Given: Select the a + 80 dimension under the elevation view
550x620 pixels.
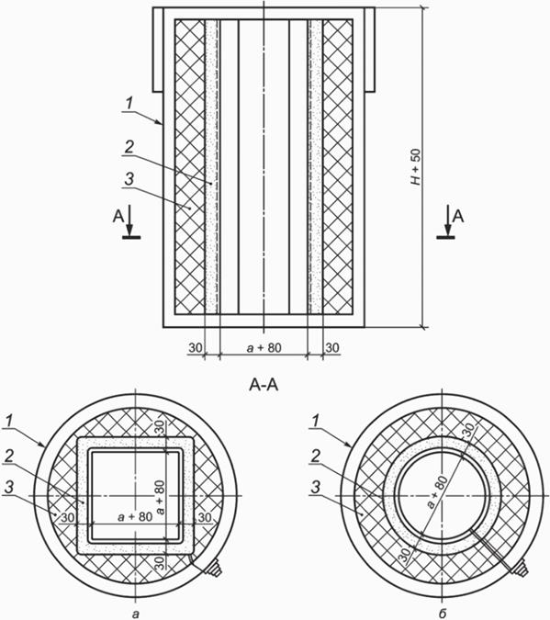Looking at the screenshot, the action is (x=264, y=347).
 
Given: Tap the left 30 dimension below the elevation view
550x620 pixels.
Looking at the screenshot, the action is (x=196, y=348).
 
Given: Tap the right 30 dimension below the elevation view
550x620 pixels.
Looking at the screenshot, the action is (x=332, y=348).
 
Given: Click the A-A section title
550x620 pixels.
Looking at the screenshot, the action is (x=264, y=385).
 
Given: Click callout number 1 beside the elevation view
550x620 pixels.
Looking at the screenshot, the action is (x=129, y=104).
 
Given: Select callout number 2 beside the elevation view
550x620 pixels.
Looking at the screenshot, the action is (x=129, y=147).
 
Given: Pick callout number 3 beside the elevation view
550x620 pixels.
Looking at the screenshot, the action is (x=129, y=179).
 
